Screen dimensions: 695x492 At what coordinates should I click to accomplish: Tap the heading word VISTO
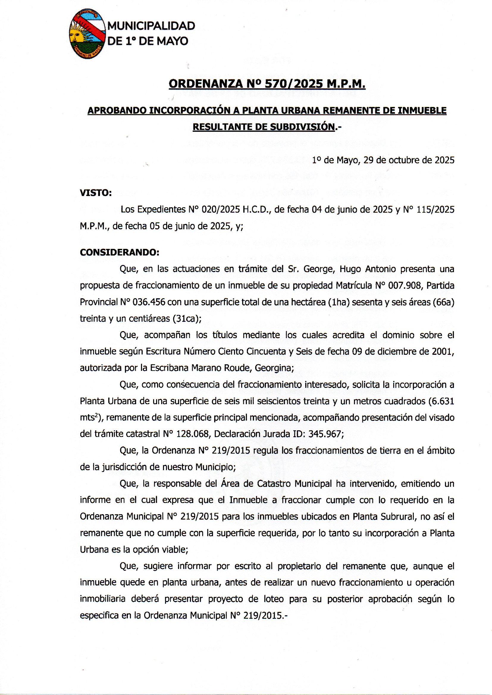click(x=95, y=193)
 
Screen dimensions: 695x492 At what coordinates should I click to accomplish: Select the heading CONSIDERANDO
click(x=119, y=252)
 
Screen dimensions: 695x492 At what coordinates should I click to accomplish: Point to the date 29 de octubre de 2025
click(x=409, y=160)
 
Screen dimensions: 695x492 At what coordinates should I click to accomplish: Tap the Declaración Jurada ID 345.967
click(x=325, y=434)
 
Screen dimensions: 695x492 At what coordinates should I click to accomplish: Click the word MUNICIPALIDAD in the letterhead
click(x=151, y=26)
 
